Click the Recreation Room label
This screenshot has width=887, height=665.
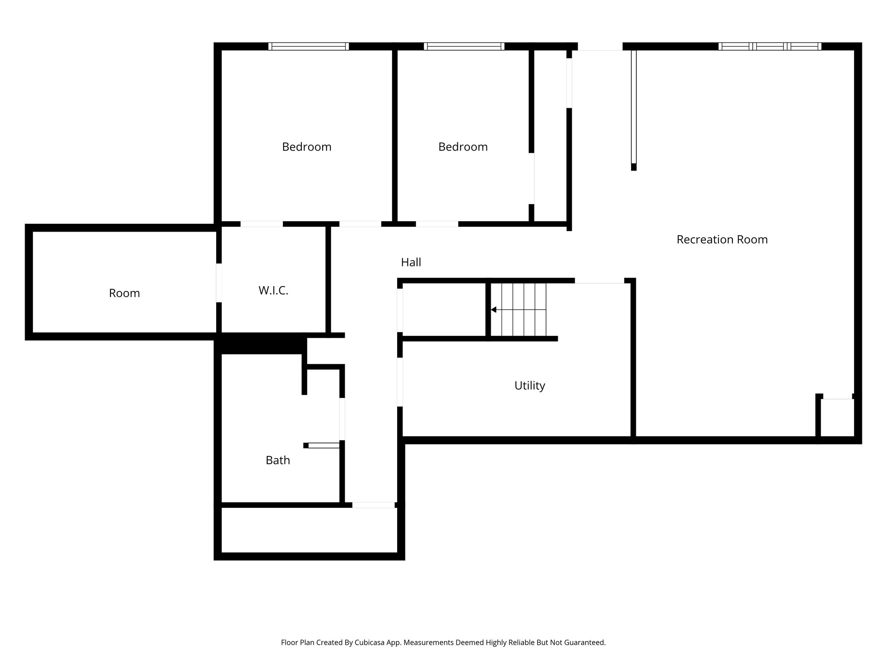[722, 239]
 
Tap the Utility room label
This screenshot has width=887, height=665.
[529, 385]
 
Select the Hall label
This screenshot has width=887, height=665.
[411, 262]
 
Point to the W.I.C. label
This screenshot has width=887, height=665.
[273, 290]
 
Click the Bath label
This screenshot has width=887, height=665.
[278, 460]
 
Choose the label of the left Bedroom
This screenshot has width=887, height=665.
[307, 147]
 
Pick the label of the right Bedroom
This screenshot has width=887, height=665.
[463, 147]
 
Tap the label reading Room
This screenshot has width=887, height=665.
[124, 293]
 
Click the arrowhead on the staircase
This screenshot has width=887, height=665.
[493, 310]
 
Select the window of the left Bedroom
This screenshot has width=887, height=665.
[308, 46]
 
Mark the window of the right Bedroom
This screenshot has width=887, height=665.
[464, 46]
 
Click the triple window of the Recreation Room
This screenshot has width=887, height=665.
[770, 46]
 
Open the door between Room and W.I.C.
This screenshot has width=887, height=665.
[219, 283]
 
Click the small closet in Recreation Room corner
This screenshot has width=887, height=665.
[837, 417]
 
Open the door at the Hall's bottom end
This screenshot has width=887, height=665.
[373, 505]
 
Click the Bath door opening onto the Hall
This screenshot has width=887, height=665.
[342, 419]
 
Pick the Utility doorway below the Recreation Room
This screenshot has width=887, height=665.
[599, 281]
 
